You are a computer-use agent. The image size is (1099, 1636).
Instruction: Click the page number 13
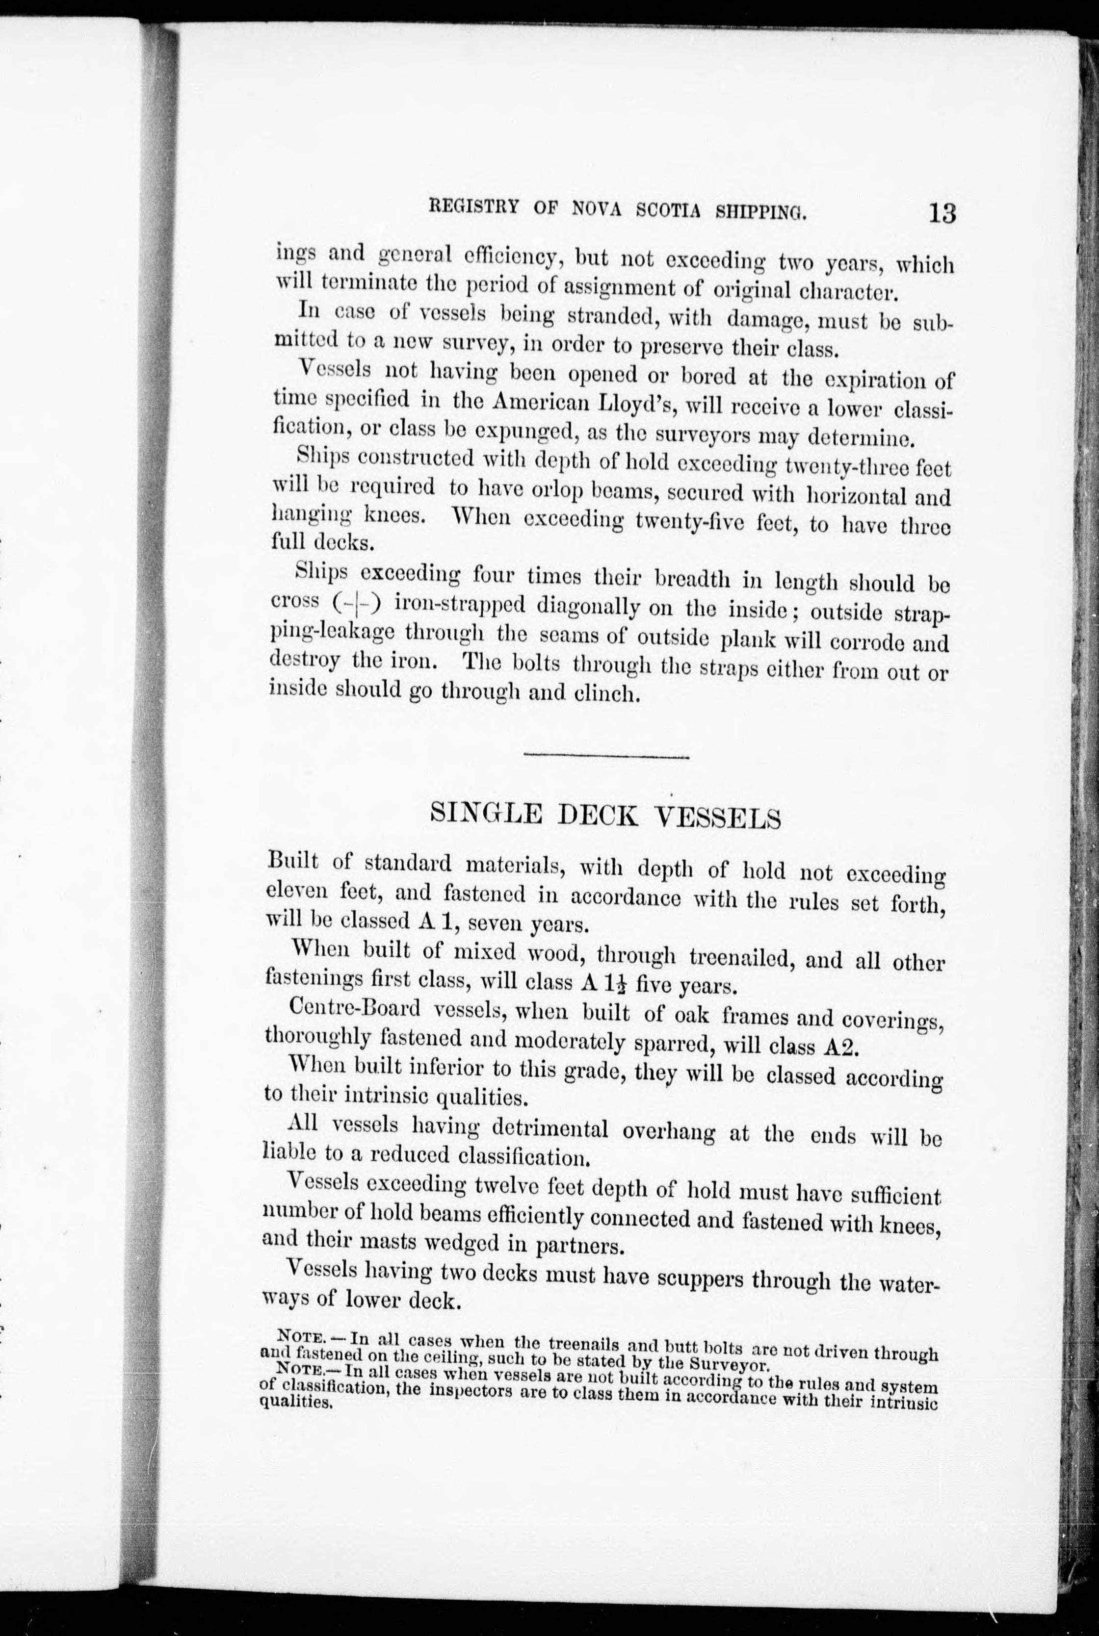[x=942, y=211]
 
